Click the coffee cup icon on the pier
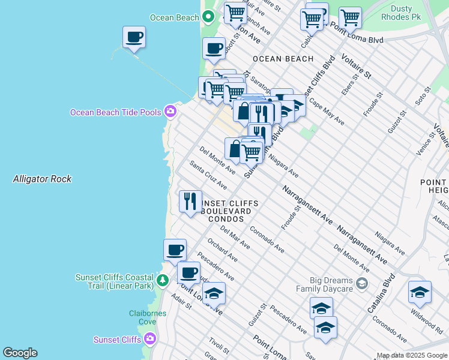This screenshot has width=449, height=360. pyautogui.click(x=134, y=38)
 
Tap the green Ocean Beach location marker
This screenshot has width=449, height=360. pyautogui.click(x=209, y=17)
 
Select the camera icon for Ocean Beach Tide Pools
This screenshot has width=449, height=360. pyautogui.click(x=171, y=111)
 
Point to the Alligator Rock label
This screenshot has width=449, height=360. pyautogui.click(x=42, y=179)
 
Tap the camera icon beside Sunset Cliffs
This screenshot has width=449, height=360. pyautogui.click(x=149, y=340)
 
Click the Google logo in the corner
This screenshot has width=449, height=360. pyautogui.click(x=20, y=353)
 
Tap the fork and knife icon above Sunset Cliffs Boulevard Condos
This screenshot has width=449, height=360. pyautogui.click(x=191, y=201)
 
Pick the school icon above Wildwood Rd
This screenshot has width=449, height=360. pyautogui.click(x=420, y=292)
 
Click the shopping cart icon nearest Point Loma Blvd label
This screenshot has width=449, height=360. pyautogui.click(x=350, y=18)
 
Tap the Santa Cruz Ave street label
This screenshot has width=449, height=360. pyautogui.click(x=208, y=174)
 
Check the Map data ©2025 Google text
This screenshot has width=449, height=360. pyautogui.click(x=412, y=355)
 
